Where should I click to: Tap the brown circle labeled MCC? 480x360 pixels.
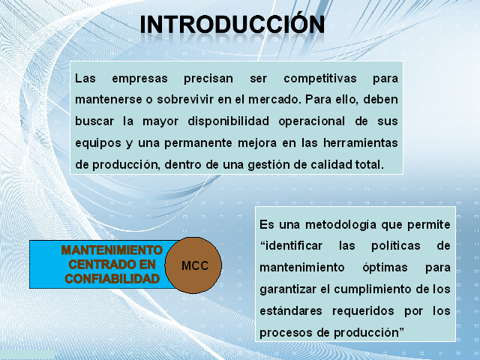pos(193,265)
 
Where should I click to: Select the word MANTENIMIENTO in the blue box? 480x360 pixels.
pos(112,250)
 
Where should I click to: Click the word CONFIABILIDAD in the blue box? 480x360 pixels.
pos(112,278)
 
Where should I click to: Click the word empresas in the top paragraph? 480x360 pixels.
pos(139,78)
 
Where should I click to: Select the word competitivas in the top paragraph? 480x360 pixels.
pos(320,78)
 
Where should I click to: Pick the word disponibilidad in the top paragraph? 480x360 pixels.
pos(228,121)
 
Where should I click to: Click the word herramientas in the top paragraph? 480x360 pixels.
pos(361,142)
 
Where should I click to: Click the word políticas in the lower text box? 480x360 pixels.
pos(395,246)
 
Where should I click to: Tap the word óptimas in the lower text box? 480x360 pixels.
pos(385,268)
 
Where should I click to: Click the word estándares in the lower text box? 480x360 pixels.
pos(291,311)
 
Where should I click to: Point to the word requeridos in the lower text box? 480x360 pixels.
pos(363,311)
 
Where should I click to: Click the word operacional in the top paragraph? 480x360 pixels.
pos(312,121)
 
